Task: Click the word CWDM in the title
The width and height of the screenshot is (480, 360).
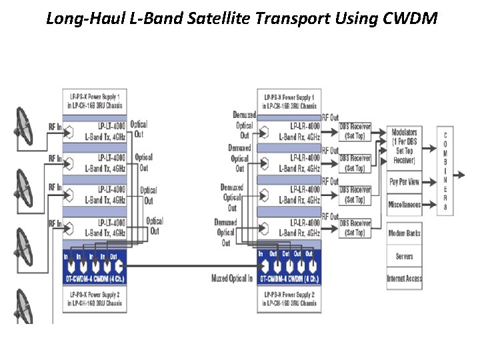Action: tap(411, 18)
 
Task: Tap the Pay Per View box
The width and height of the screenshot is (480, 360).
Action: tap(404, 181)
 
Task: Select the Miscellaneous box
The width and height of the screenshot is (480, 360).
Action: tap(404, 204)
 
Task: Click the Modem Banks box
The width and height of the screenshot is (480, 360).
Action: tap(404, 233)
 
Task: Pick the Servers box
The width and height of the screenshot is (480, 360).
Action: tap(404, 256)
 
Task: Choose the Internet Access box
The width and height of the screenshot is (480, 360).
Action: tap(404, 278)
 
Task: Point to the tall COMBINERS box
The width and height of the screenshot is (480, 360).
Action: tap(445, 171)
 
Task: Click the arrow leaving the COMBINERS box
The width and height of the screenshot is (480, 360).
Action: tap(460, 175)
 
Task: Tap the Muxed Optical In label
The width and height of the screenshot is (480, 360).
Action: tap(231, 278)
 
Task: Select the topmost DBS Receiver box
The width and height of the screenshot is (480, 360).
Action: tap(355, 131)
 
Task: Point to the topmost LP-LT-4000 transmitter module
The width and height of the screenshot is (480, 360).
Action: tap(95, 131)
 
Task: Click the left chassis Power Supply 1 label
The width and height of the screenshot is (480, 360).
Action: tap(95, 101)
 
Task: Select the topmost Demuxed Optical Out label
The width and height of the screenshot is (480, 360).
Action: tap(244, 125)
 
